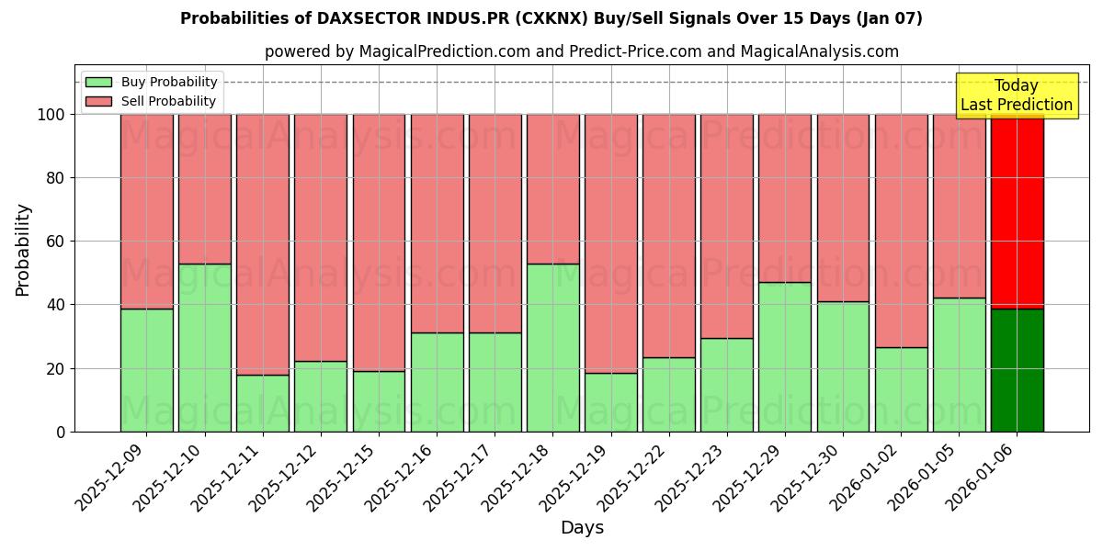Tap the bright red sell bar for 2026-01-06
point(1017,211)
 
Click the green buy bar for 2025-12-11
point(263,403)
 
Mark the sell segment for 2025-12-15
point(379,242)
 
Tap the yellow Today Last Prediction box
point(1017,96)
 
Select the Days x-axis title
point(582,528)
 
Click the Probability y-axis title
point(23,249)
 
